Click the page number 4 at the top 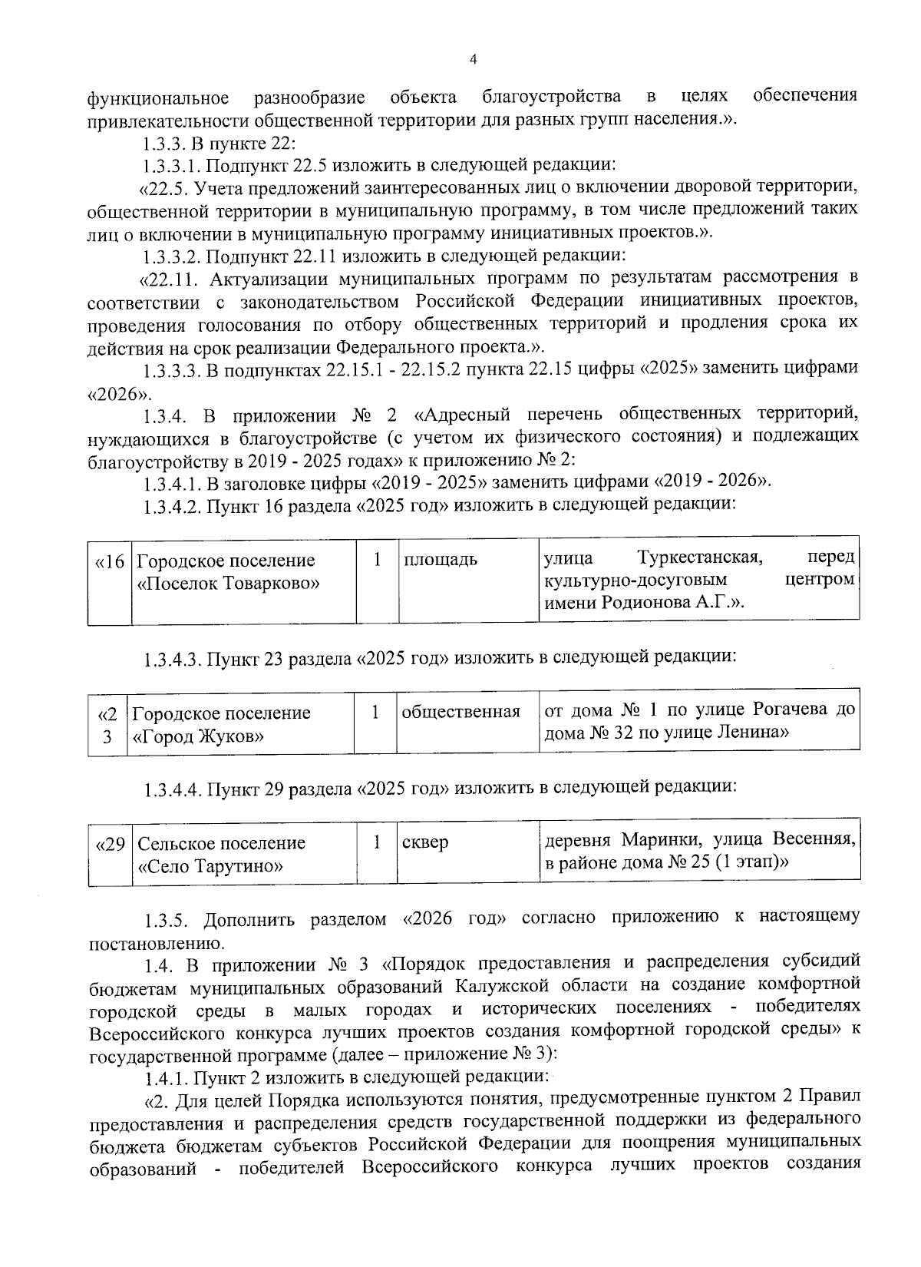point(473,59)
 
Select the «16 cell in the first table point(109,561)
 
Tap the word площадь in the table point(441,560)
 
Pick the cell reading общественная point(461,712)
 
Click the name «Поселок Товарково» point(228,584)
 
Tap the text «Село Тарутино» point(210,868)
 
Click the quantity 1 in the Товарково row point(377,559)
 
